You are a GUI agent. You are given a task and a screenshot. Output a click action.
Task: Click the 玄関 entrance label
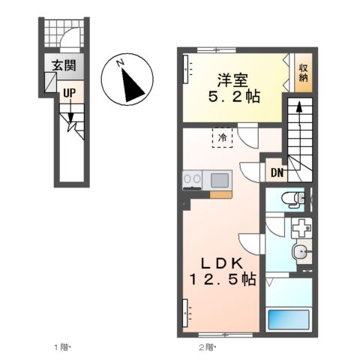tap(63, 65)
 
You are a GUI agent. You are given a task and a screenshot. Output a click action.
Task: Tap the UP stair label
tap(69, 93)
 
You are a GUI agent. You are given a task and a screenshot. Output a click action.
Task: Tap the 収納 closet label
tap(302, 73)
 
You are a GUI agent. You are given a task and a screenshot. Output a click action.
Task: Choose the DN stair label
tap(277, 173)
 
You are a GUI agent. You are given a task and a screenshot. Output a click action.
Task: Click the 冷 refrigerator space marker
tap(222, 136)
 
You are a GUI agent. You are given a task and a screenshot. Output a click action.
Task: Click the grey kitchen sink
tap(220, 180)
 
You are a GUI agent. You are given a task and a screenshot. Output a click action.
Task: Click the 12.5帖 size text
tap(223, 280)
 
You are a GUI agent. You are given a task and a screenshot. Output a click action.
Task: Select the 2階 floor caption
tap(208, 346)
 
